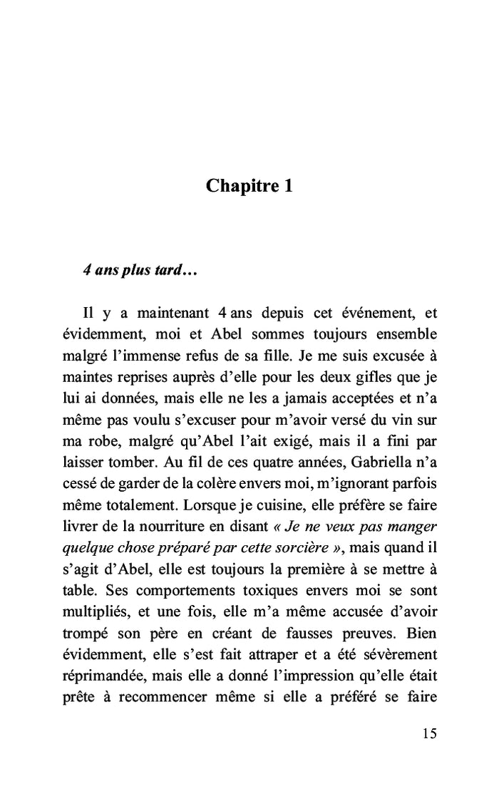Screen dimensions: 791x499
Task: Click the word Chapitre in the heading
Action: pos(241,186)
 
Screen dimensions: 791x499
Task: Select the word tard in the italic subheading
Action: pos(167,272)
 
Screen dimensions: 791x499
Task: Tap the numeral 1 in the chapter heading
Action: pos(287,186)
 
